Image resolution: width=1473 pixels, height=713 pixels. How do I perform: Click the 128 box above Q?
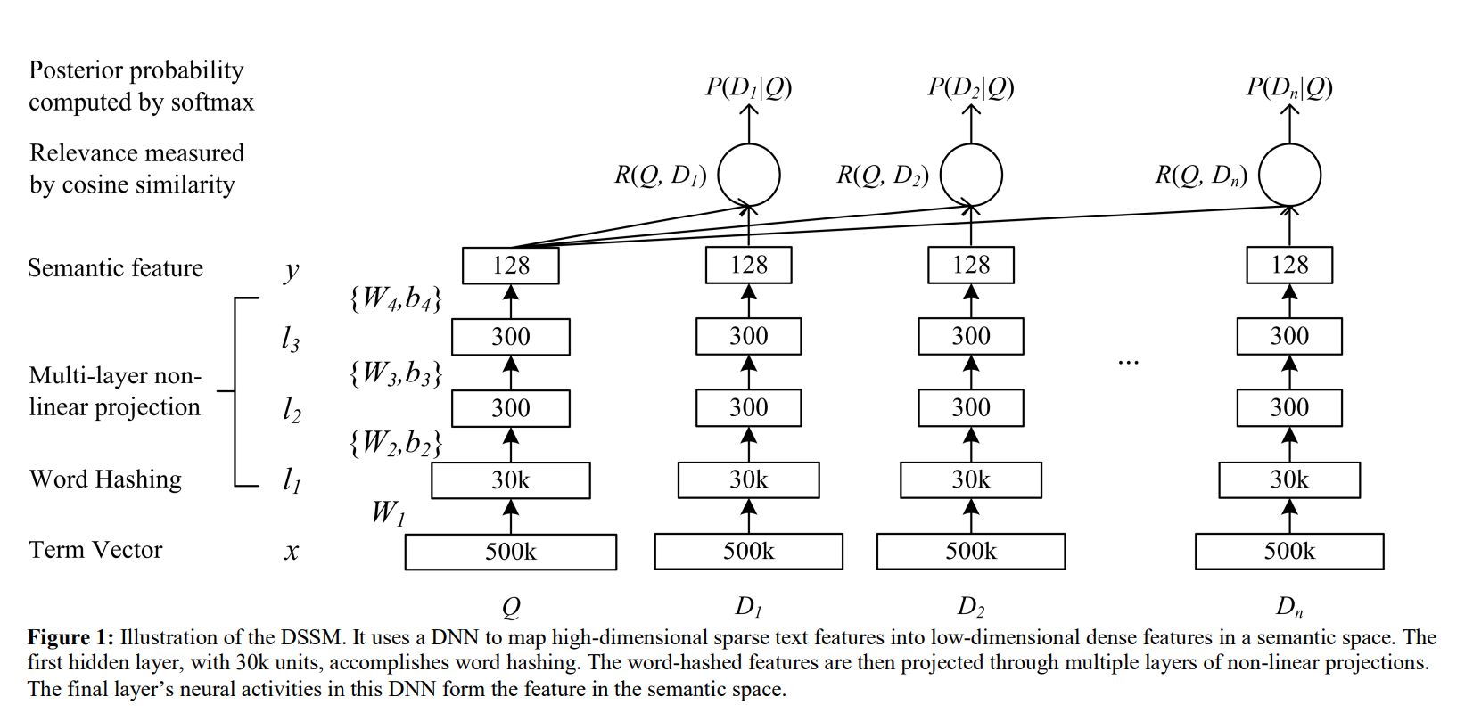(511, 266)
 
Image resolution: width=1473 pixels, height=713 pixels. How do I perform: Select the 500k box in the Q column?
(511, 552)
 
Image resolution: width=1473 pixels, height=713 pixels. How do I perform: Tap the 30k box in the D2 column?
(971, 480)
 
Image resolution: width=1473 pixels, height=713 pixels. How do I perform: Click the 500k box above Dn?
(1289, 552)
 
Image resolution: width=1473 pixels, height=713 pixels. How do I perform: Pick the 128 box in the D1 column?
(748, 265)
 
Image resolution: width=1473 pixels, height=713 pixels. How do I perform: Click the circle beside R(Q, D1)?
(749, 175)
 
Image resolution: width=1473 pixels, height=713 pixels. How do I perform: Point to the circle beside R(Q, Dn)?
(1289, 175)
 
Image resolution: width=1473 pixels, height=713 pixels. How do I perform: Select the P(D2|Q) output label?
(971, 87)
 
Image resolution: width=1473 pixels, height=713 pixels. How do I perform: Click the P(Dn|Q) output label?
(1289, 87)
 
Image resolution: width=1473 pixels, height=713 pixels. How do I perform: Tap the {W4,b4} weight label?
(396, 299)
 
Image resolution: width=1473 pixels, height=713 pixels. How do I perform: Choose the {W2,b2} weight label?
(396, 443)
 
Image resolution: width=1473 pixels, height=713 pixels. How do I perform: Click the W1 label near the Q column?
(388, 512)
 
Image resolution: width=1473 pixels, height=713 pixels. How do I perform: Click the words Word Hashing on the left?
(105, 479)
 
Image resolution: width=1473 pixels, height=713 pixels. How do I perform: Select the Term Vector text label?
(95, 550)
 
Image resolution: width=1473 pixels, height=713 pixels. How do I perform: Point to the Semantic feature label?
(115, 268)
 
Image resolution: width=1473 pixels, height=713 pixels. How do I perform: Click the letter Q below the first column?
(511, 608)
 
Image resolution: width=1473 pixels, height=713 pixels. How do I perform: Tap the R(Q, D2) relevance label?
(883, 176)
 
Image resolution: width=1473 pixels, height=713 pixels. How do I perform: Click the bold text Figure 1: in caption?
(70, 637)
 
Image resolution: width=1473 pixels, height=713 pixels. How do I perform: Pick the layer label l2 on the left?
(292, 409)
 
